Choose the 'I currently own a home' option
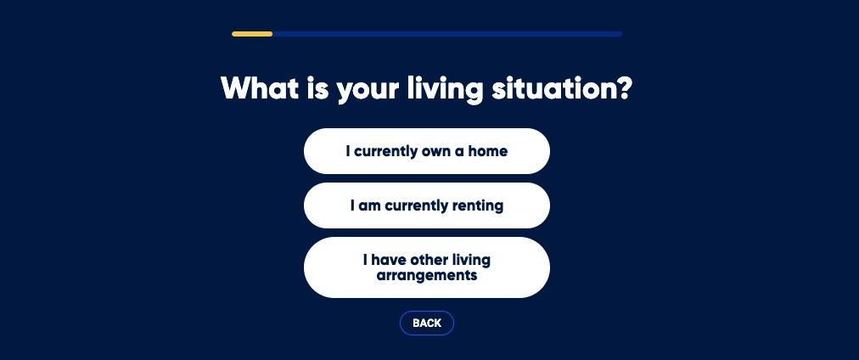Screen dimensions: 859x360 [427, 151]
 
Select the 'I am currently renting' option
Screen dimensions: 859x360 [427, 205]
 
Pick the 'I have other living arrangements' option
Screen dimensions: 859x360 [427, 267]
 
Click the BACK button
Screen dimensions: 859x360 [427, 323]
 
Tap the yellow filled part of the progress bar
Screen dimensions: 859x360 [252, 34]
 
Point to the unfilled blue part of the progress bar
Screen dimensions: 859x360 [447, 34]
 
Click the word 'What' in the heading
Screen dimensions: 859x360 [260, 88]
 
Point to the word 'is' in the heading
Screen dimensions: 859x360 [317, 88]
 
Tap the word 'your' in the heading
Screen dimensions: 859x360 [368, 91]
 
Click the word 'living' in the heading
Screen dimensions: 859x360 [445, 90]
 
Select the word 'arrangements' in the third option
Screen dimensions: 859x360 [427, 276]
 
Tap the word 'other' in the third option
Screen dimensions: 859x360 [429, 260]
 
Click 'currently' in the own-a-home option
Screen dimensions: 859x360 [385, 152]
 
